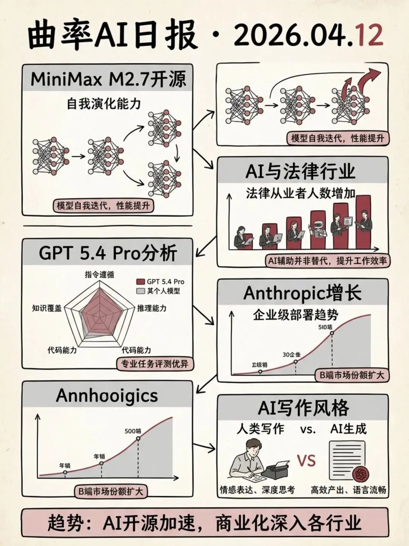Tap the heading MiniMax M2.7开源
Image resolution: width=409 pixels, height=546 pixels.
108,79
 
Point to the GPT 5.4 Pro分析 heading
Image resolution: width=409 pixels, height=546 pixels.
108,253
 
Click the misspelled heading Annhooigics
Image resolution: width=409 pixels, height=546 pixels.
107,395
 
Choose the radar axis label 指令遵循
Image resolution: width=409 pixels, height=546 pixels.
99,274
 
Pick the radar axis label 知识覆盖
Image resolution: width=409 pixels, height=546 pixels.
47,308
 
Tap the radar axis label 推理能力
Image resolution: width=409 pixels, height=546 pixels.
151,308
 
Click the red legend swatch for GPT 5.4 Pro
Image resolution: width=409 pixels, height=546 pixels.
140,282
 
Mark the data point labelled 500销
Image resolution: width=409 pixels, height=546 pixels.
138,438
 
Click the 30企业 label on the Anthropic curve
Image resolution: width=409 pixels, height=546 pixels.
292,355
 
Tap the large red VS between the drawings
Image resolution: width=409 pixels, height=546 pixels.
306,460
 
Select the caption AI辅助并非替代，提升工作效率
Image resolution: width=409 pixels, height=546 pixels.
327,261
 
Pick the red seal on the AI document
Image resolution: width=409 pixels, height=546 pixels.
360,474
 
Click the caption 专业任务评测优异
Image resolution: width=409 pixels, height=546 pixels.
154,364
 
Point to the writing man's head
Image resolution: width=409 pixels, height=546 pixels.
251,448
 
